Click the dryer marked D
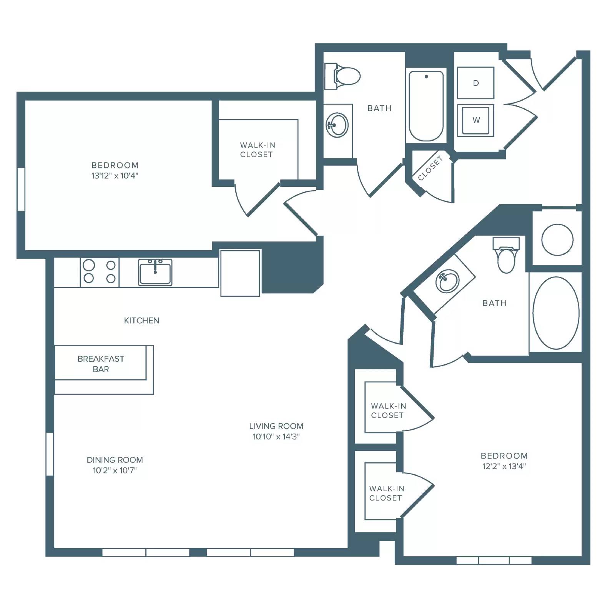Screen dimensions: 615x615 tap(475, 83)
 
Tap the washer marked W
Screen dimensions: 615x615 tap(475, 120)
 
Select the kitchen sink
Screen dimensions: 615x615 tap(155, 272)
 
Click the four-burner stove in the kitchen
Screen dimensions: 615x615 tap(100, 272)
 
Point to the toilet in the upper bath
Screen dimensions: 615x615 tap(342, 76)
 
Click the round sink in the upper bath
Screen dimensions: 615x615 tap(337, 125)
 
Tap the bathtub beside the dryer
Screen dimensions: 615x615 tap(426, 106)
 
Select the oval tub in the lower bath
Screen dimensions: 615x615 tap(556, 313)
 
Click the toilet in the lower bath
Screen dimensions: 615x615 tap(506, 255)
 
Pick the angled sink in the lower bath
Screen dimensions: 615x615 tap(447, 281)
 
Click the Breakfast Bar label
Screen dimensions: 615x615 tap(101, 364)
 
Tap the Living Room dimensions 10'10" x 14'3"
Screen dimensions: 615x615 tap(276, 436)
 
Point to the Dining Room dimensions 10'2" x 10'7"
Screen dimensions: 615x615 tap(115, 470)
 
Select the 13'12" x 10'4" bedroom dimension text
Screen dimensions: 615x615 tap(115, 176)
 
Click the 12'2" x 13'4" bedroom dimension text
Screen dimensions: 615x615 tap(504, 466)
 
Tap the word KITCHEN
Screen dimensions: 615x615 tap(141, 321)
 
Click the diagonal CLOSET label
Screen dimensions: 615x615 tap(430, 168)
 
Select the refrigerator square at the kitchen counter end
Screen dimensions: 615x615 tap(240, 273)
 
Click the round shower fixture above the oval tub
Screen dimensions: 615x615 tap(557, 240)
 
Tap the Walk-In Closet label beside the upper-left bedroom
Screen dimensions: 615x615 tap(257, 150)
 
